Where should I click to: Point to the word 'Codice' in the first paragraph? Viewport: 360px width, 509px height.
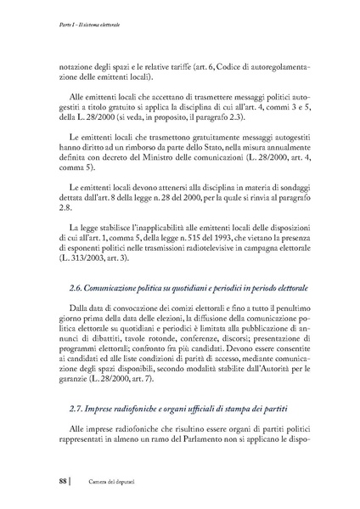click(x=232, y=65)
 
